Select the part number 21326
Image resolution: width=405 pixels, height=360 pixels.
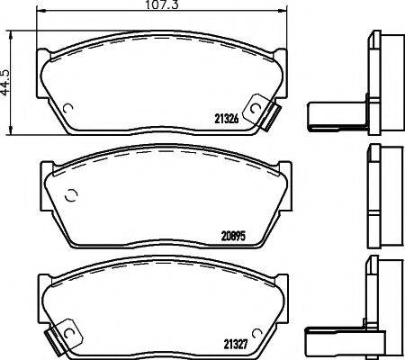tap(229, 118)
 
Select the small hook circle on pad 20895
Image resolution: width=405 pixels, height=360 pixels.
tap(72, 195)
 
